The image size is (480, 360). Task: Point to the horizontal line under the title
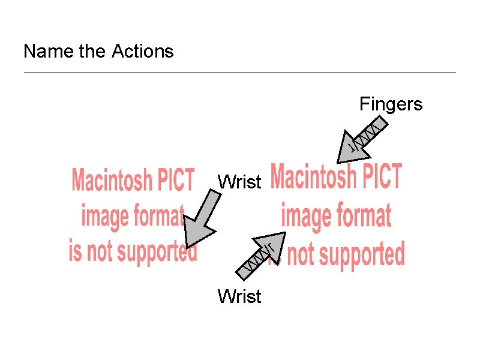coord(240,73)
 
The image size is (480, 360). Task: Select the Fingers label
coord(391,104)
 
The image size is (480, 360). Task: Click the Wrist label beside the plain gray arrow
coord(239,181)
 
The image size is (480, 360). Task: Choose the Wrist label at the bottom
coord(239,296)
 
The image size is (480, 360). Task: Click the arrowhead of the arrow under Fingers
coord(350,150)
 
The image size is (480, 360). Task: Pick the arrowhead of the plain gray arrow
coord(196,234)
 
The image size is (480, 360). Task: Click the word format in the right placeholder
coord(362,215)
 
